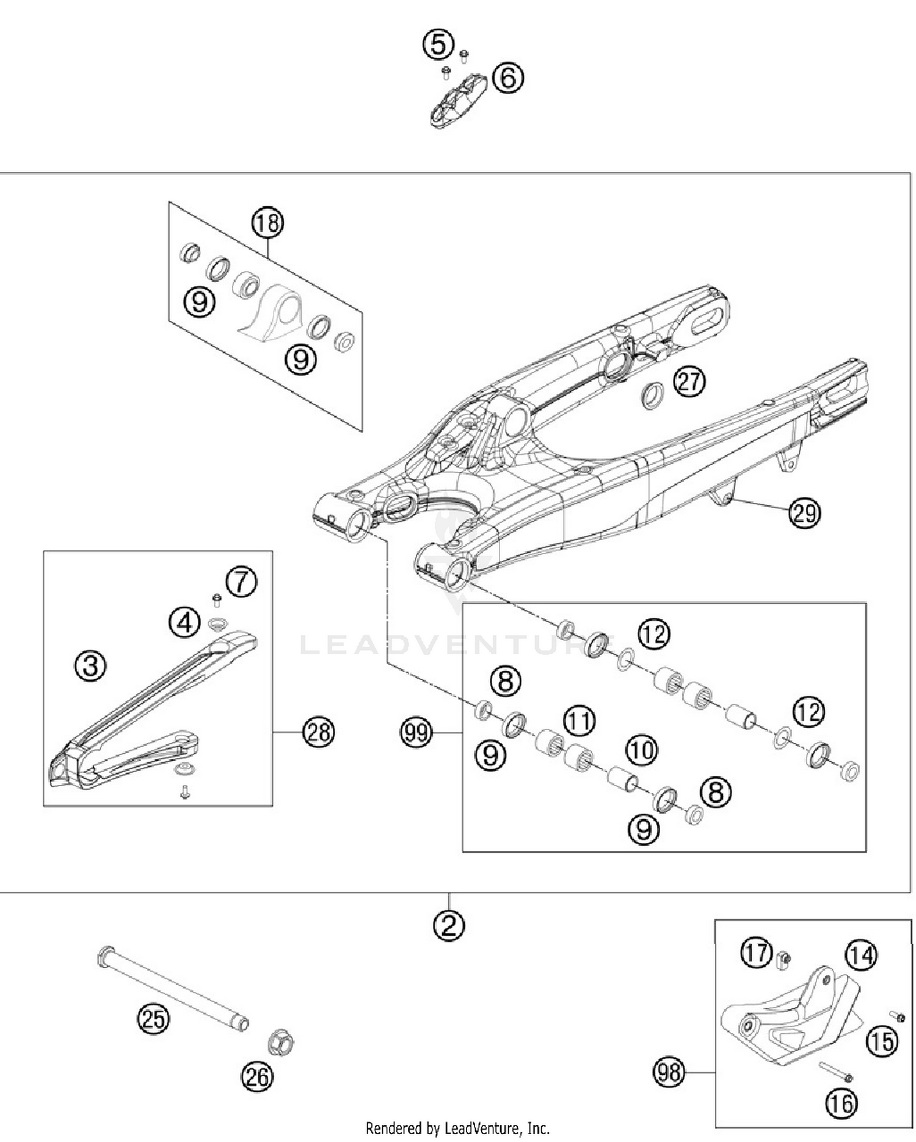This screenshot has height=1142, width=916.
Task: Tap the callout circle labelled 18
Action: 267,223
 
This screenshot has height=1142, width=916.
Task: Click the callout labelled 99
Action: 416,731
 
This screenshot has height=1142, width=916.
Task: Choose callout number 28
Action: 319,731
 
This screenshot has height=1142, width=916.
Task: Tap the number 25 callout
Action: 153,1019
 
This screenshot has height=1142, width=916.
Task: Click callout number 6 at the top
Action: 508,78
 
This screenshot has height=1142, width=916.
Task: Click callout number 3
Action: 90,665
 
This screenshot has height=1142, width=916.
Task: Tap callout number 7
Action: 242,582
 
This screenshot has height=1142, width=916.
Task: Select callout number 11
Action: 579,721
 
